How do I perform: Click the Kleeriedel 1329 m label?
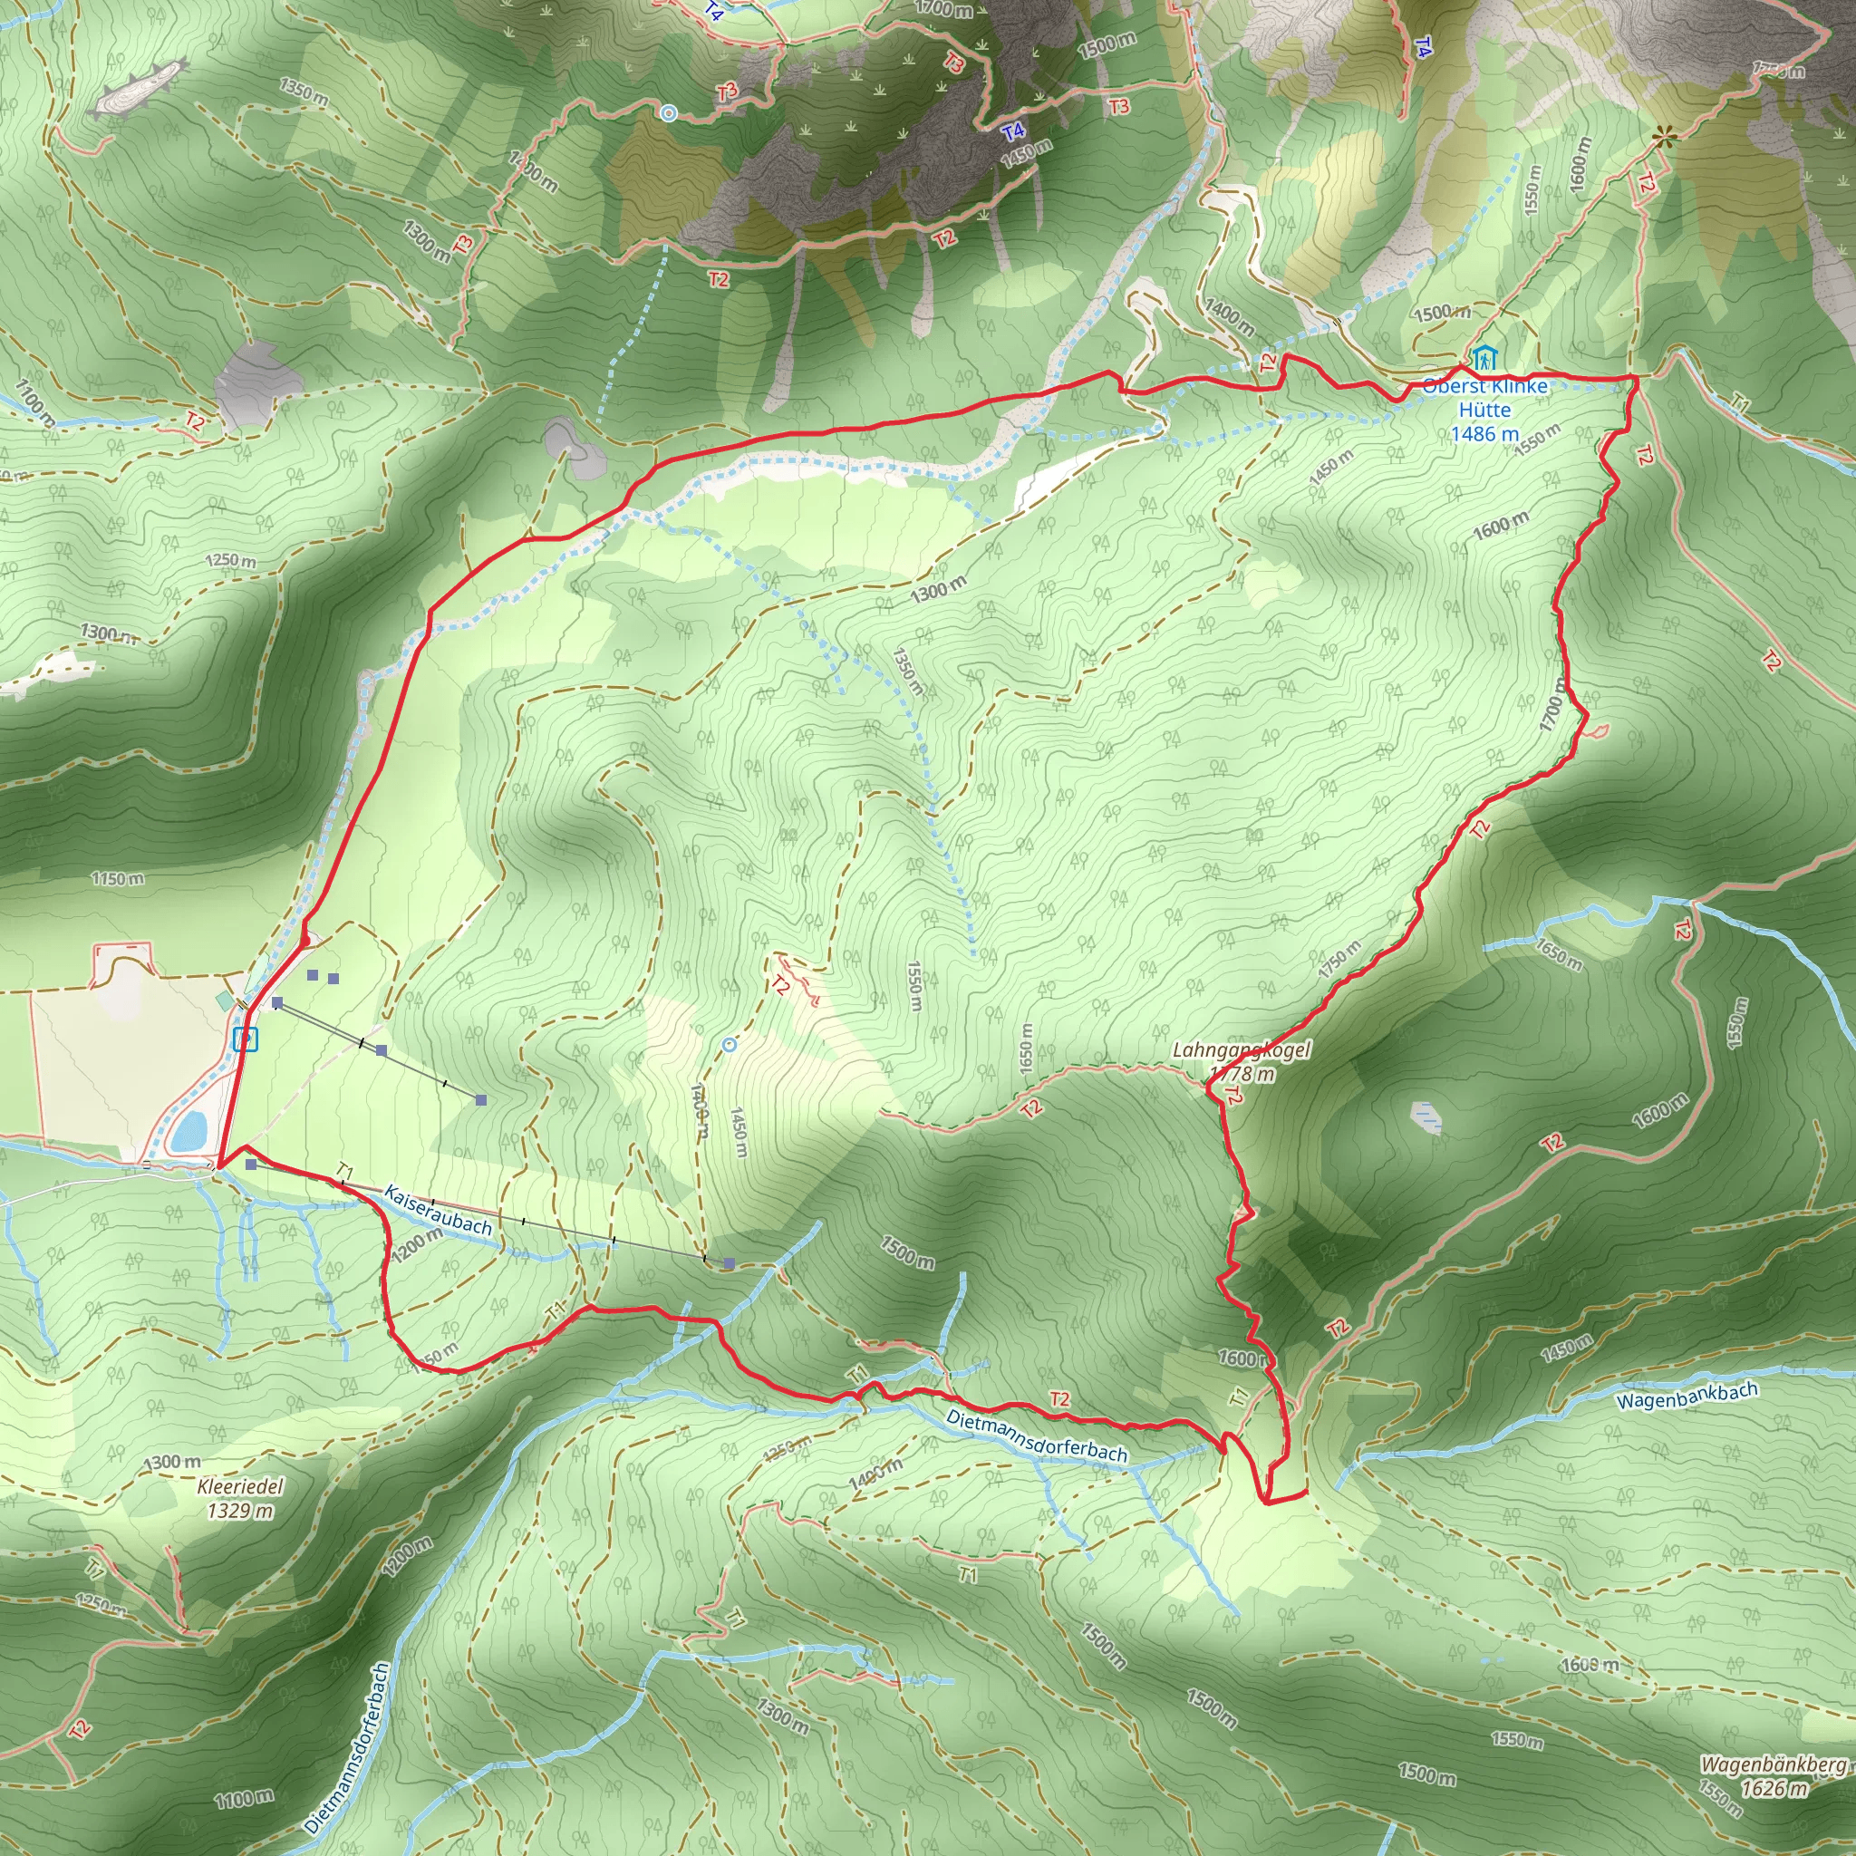click(240, 1499)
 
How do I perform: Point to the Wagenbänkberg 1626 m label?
click(1774, 1776)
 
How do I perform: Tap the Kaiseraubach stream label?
click(437, 1210)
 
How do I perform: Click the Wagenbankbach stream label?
click(1687, 1396)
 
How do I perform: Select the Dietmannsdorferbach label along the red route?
click(1036, 1436)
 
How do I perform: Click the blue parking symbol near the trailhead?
click(246, 1039)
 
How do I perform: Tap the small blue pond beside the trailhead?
click(189, 1130)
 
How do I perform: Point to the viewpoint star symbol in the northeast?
click(1664, 138)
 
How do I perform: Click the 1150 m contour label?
click(118, 879)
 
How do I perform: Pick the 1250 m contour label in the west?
click(230, 561)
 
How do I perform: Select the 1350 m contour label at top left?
click(304, 92)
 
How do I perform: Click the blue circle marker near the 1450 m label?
click(730, 1044)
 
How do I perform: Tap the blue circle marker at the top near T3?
click(669, 113)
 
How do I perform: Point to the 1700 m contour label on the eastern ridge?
click(1552, 704)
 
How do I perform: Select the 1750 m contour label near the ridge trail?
click(1339, 960)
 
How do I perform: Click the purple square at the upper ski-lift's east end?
click(481, 1100)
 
